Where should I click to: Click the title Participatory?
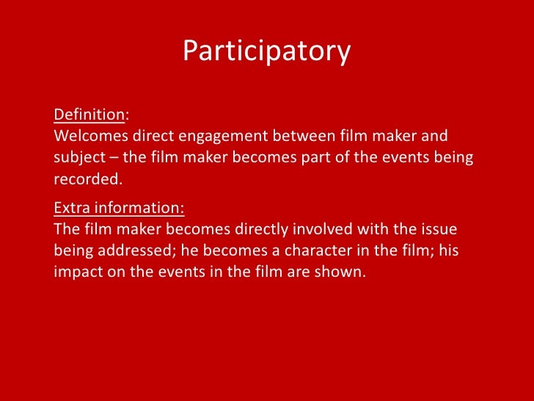coord(266,51)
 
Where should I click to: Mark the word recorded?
coord(85,178)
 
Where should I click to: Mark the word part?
coord(301,158)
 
